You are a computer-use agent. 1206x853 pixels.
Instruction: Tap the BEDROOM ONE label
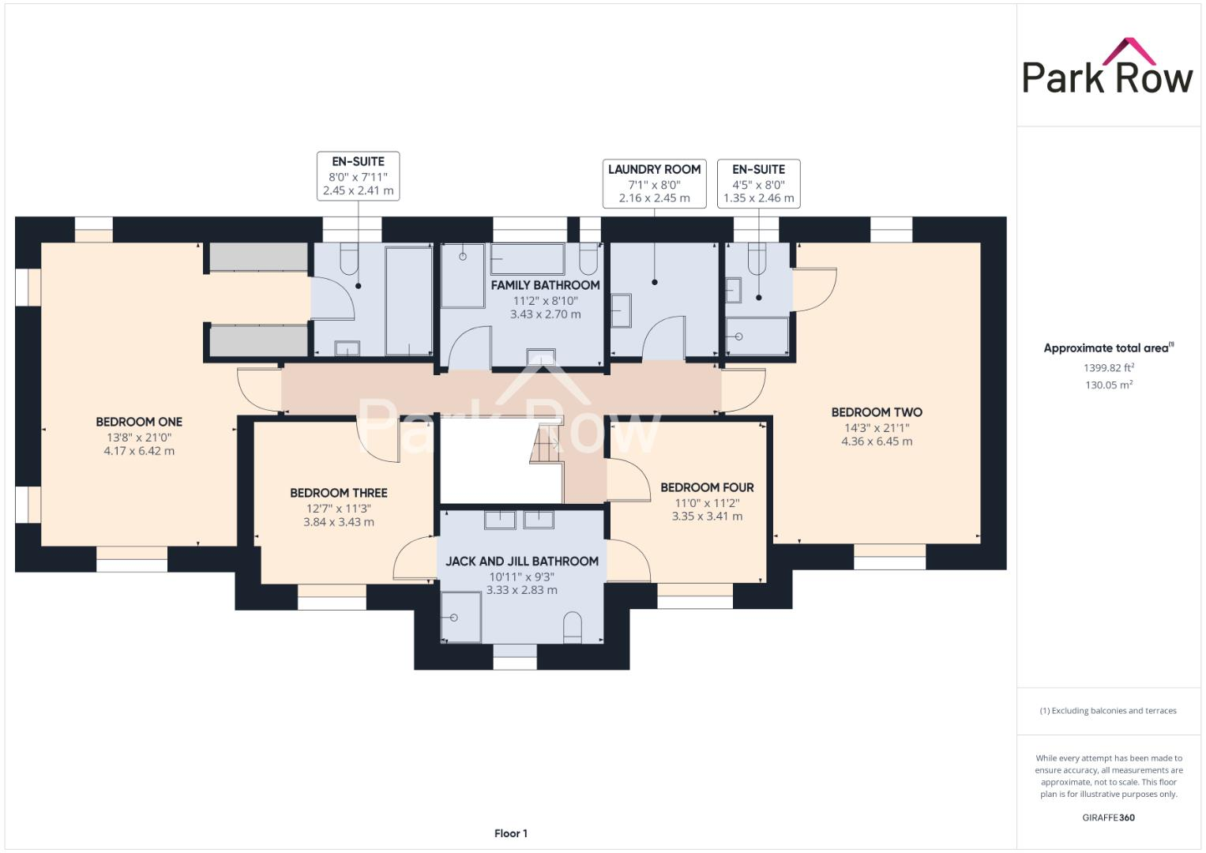(139, 422)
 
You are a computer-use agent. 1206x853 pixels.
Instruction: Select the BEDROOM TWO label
(877, 412)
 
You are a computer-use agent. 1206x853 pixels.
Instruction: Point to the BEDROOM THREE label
(339, 493)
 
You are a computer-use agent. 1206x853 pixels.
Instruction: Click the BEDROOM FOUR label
(707, 487)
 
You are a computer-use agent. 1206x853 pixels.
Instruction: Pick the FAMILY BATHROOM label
(545, 285)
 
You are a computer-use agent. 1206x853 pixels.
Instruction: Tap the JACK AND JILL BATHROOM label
(522, 562)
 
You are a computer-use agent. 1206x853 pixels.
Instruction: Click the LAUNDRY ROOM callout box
(654, 183)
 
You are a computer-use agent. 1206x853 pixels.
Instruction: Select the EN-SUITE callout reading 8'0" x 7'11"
(358, 175)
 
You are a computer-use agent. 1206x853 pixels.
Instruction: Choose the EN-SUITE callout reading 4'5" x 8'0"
(758, 183)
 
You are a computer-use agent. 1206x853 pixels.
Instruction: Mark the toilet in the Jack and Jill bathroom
(573, 628)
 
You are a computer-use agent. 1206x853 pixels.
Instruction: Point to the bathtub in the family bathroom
(527, 257)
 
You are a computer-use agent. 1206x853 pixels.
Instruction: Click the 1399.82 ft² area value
(1109, 368)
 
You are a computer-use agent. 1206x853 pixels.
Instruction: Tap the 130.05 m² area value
(1109, 385)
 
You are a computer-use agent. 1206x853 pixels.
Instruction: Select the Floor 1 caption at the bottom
(511, 833)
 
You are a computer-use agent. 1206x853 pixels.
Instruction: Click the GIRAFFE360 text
(1108, 817)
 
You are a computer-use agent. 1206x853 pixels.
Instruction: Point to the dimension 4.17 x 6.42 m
(139, 451)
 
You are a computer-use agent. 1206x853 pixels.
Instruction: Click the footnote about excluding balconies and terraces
(1108, 711)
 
